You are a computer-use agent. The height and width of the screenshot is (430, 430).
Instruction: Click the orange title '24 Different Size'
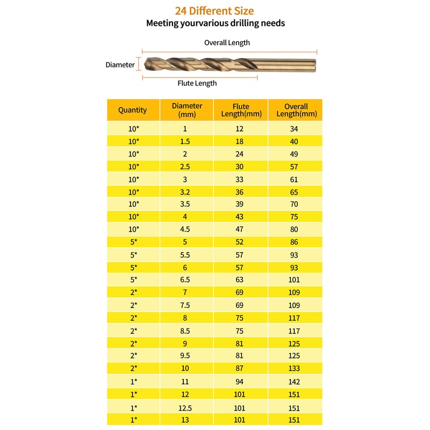click(x=214, y=11)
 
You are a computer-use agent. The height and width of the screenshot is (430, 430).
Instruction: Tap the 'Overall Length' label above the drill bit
click(x=227, y=42)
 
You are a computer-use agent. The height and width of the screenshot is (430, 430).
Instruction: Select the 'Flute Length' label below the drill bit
click(x=197, y=83)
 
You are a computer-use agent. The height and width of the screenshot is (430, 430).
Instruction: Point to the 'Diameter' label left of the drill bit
click(x=120, y=64)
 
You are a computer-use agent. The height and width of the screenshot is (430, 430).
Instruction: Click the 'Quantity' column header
click(x=132, y=110)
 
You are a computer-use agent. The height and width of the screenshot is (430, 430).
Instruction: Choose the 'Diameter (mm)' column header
click(x=187, y=110)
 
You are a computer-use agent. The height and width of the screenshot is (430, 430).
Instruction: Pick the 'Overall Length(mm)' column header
click(x=296, y=110)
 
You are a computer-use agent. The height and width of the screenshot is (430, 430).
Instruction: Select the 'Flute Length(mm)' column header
click(x=241, y=110)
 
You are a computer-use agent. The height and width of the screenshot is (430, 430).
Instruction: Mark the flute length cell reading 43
click(x=240, y=217)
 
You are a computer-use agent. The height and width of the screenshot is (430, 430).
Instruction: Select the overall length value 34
click(x=293, y=128)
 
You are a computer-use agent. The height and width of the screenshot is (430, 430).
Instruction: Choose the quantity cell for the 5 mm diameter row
click(x=133, y=242)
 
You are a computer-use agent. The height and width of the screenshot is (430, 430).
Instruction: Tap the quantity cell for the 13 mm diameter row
click(x=133, y=420)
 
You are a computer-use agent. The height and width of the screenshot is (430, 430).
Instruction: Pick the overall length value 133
click(x=293, y=369)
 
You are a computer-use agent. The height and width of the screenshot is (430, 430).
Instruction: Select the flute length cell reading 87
click(x=240, y=369)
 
